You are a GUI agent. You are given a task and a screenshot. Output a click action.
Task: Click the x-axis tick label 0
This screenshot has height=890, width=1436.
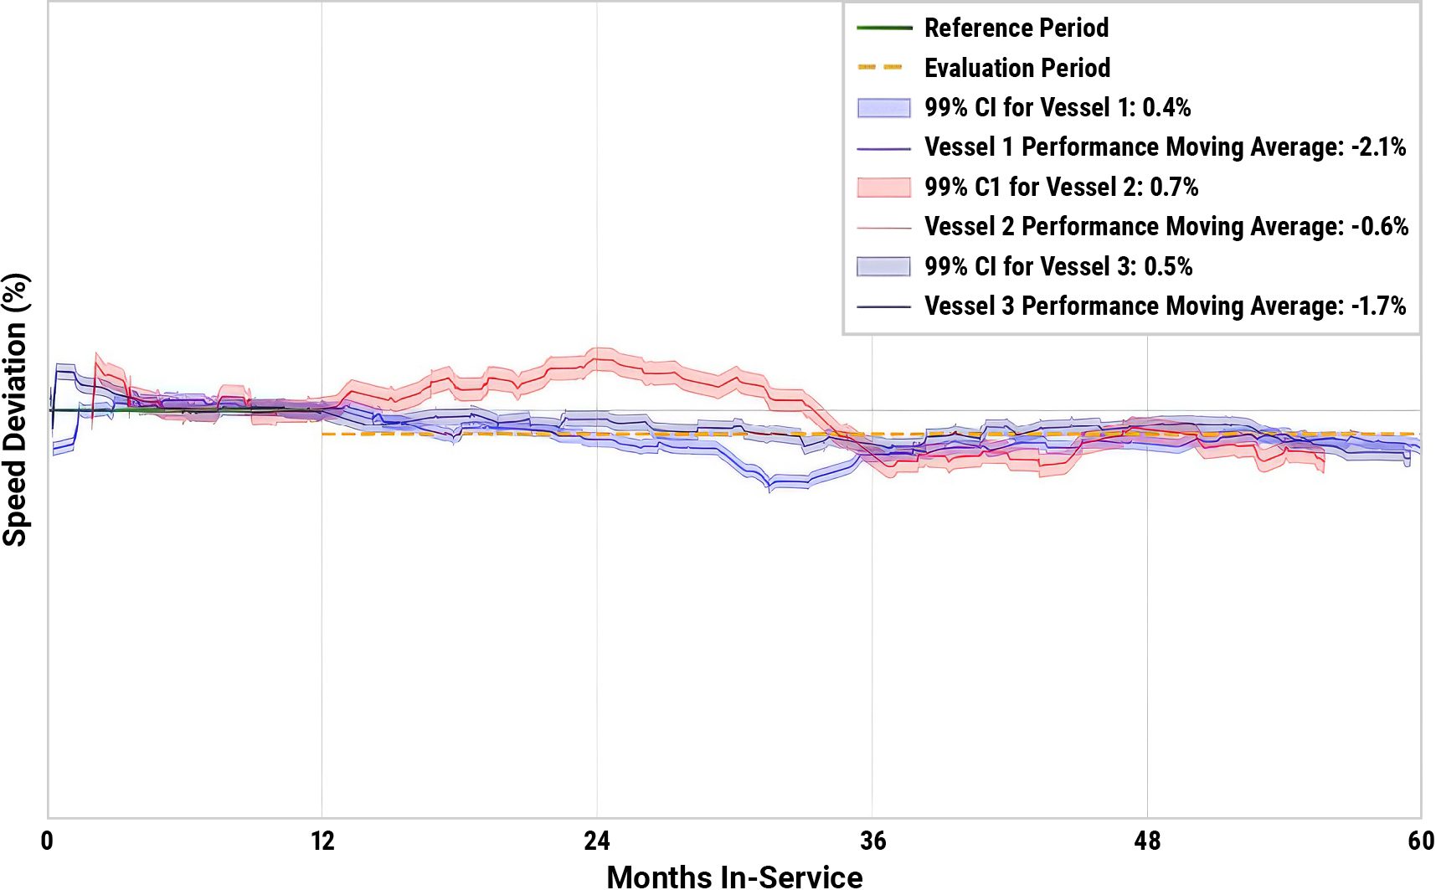pyautogui.click(x=47, y=841)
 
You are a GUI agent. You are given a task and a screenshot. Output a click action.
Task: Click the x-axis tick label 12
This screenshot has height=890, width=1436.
pyautogui.click(x=322, y=841)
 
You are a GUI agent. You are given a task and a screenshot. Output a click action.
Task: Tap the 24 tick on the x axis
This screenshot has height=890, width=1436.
pyautogui.click(x=597, y=841)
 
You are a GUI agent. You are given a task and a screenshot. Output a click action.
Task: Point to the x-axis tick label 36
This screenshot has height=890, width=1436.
pyautogui.click(x=872, y=841)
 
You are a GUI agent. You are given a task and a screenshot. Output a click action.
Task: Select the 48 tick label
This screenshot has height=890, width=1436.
pyautogui.click(x=1147, y=841)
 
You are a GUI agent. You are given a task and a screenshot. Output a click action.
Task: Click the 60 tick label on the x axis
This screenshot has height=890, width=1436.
pyautogui.click(x=1421, y=841)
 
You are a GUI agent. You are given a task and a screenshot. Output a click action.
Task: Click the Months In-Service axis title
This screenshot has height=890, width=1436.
pyautogui.click(x=734, y=876)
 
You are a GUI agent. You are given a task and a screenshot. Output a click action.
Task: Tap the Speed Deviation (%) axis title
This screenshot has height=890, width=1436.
pyautogui.click(x=15, y=409)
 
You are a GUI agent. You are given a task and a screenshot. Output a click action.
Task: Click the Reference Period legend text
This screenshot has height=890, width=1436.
pyautogui.click(x=1016, y=28)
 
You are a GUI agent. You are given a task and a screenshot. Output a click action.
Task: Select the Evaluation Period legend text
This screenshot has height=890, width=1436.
pyautogui.click(x=1017, y=68)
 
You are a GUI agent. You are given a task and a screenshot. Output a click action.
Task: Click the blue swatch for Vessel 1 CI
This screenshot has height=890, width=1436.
pyautogui.click(x=883, y=108)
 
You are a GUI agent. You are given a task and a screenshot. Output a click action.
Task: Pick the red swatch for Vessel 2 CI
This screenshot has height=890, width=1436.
pyautogui.click(x=883, y=188)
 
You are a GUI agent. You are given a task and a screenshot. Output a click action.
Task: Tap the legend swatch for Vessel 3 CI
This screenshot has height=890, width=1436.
pyautogui.click(x=883, y=267)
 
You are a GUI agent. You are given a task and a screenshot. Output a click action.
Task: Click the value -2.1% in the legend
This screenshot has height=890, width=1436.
pyautogui.click(x=1378, y=147)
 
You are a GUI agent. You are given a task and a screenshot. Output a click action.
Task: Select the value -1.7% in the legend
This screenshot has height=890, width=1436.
pyautogui.click(x=1378, y=306)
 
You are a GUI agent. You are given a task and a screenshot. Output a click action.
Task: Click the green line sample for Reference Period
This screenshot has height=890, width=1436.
pyautogui.click(x=883, y=28)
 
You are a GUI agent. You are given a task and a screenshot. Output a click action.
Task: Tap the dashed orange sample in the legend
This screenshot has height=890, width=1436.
pyautogui.click(x=881, y=67)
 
